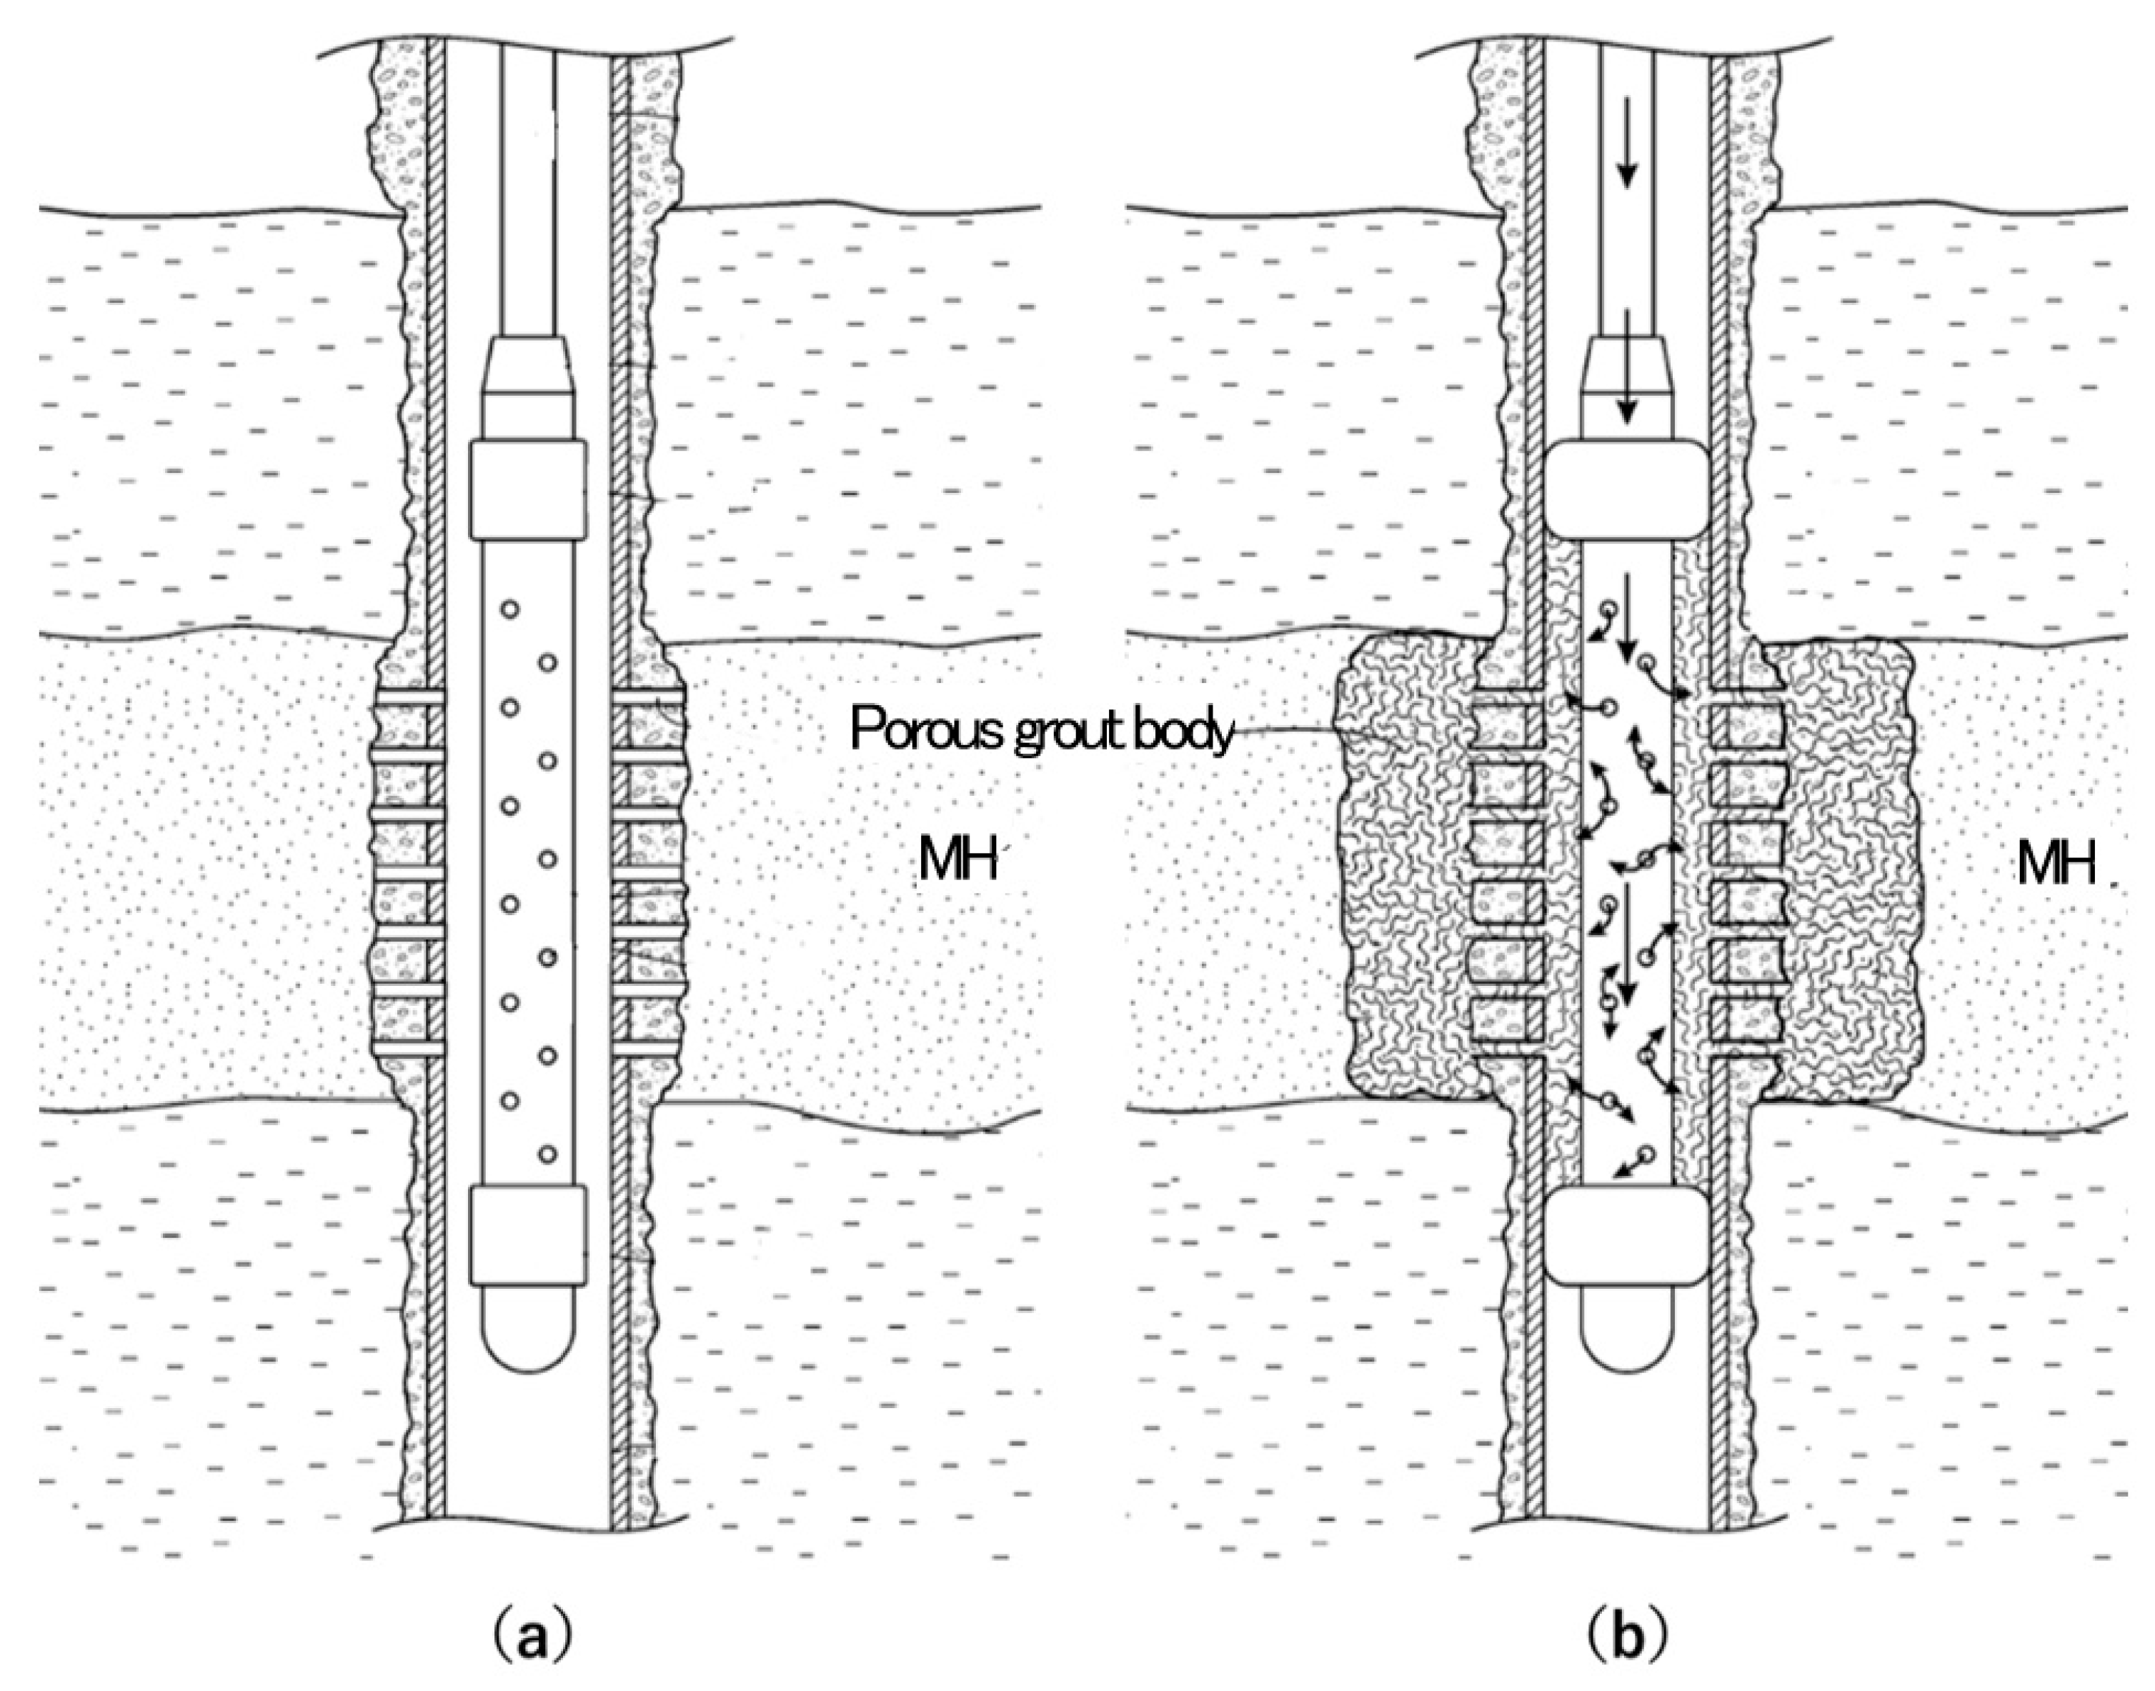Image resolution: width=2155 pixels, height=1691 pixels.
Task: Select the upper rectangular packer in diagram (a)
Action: (528, 490)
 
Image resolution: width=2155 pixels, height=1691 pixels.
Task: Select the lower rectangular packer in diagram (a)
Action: (528, 1234)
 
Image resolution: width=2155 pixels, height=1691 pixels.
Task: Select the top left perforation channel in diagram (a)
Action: (409, 699)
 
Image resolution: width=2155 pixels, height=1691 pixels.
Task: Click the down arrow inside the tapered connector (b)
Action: (1625, 381)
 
